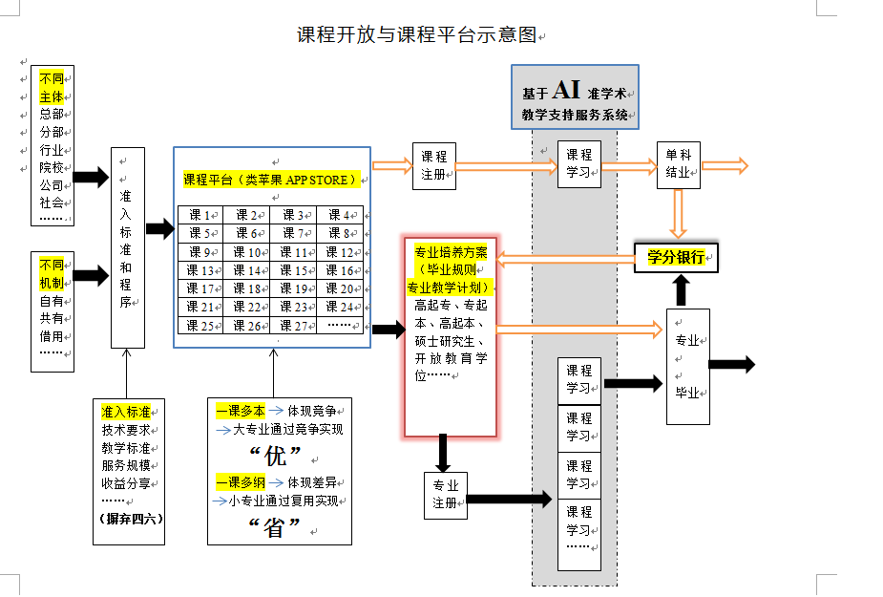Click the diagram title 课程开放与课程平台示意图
(416, 35)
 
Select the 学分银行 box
(676, 257)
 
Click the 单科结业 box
(678, 164)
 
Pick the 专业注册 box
(446, 494)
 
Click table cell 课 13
(200, 270)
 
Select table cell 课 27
(293, 325)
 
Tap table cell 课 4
(339, 215)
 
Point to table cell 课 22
(246, 307)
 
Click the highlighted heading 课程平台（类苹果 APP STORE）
(271, 179)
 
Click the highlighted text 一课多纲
(240, 481)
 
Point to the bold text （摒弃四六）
(131, 520)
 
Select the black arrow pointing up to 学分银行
(680, 289)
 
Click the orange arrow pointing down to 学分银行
(678, 213)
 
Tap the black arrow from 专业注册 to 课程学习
(510, 499)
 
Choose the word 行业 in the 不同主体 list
(52, 149)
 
